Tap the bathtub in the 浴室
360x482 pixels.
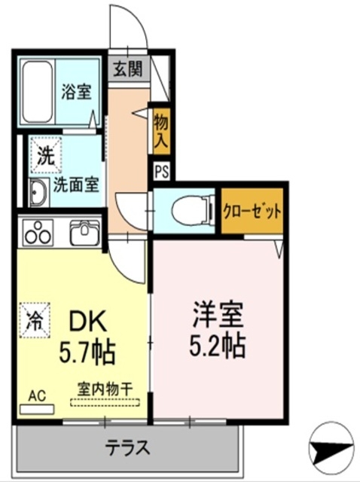pyautogui.click(x=35, y=92)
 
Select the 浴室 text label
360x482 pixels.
pyautogui.click(x=76, y=93)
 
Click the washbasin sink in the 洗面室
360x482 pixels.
pyautogui.click(x=38, y=194)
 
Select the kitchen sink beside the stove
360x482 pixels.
pyautogui.click(x=84, y=233)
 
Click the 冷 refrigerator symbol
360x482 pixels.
pyautogui.click(x=35, y=317)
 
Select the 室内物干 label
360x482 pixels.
pyautogui.click(x=105, y=389)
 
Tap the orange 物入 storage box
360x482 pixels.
pyautogui.click(x=160, y=129)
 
